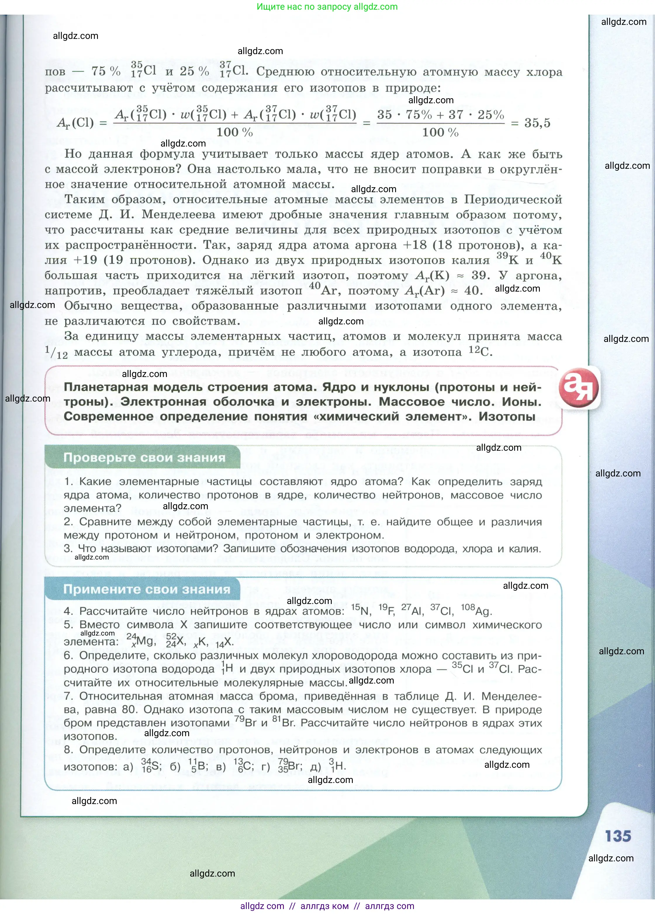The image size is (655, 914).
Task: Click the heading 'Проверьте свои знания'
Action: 144,458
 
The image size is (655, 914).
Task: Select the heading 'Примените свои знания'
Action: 147,589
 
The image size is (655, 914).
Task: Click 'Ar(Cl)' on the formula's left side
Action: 75,123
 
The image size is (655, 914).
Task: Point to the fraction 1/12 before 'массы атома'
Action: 56,353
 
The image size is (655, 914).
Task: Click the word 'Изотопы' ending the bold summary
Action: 507,417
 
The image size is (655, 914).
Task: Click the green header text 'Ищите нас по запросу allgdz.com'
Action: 327,7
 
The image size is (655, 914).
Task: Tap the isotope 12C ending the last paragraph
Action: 480,352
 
